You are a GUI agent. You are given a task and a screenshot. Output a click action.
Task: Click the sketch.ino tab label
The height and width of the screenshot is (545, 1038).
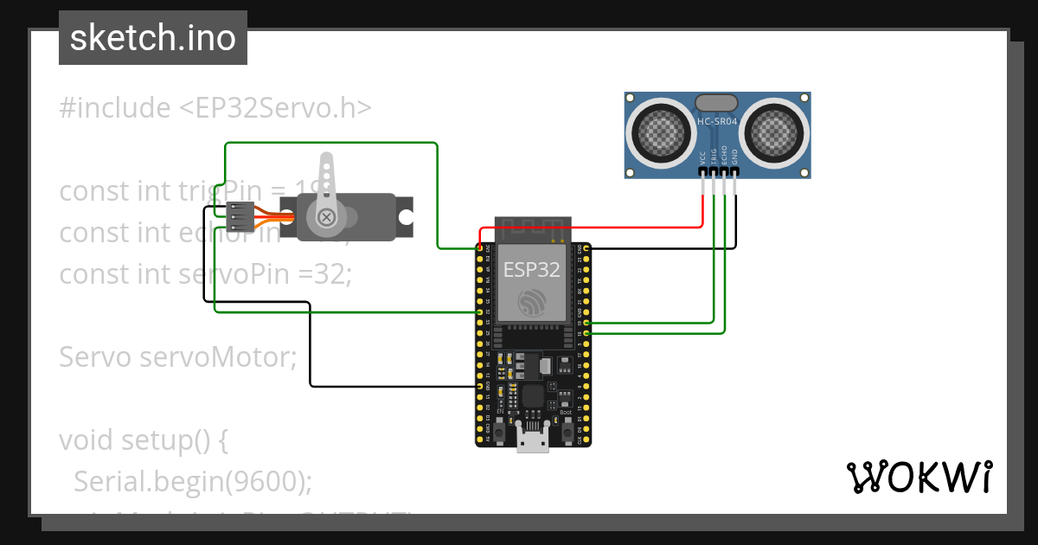coord(152,38)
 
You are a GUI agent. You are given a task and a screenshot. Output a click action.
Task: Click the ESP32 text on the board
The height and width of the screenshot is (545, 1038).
coord(532,269)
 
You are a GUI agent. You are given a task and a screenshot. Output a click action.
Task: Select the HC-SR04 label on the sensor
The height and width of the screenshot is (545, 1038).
coord(717,122)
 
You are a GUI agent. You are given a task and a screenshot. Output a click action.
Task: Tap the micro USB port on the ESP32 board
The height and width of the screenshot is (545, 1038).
coord(532,439)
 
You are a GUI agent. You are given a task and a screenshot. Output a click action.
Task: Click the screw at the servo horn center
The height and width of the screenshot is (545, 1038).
coord(327,217)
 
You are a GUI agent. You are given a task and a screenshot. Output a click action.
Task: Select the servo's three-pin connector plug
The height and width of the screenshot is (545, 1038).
coord(240,216)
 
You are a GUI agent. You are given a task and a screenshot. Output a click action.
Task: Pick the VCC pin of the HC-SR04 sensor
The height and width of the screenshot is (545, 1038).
coord(702,172)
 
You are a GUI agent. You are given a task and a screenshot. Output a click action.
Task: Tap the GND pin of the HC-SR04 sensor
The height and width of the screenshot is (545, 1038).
coord(735,172)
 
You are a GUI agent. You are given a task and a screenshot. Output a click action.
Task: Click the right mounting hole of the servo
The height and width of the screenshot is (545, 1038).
coord(403,216)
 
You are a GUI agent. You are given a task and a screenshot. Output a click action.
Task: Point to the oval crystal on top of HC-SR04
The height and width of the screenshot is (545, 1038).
coord(717,103)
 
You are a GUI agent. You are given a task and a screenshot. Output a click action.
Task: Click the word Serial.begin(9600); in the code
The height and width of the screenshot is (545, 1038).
coord(193,481)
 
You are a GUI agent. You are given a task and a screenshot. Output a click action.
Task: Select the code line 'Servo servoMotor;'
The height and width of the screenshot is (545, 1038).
coord(177,356)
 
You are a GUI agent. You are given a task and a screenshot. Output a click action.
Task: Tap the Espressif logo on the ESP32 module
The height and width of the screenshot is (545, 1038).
coord(532,302)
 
